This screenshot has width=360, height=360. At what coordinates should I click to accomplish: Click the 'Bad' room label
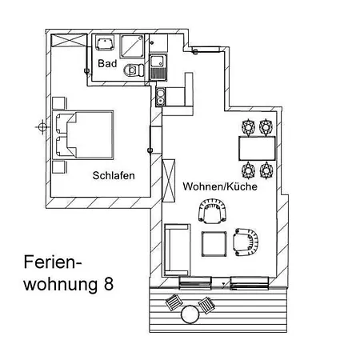coord(107,63)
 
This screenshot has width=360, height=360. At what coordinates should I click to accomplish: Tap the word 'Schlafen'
coord(114,175)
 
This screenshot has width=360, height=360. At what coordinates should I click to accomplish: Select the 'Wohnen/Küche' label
coord(220,186)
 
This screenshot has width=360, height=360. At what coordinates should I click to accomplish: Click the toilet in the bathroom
coord(134,70)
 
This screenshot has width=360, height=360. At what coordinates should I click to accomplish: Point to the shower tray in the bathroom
coord(132,46)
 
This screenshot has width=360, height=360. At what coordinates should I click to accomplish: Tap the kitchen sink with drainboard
coord(158,66)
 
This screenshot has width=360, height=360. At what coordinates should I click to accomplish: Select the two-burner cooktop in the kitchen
coord(161,97)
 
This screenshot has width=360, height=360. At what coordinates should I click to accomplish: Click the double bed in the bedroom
coord(83,135)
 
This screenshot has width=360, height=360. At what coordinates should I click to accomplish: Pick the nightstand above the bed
coord(59,103)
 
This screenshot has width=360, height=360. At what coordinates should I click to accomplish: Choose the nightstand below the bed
coord(59,167)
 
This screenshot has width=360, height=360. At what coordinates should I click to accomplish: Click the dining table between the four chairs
coord(257,148)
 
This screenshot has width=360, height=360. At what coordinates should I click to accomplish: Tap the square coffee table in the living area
coord(214,244)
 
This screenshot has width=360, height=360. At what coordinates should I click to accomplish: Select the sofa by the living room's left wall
coord(177,250)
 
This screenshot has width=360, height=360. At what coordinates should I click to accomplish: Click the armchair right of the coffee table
coord(246,242)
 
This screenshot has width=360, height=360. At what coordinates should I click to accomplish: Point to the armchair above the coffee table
coord(213,211)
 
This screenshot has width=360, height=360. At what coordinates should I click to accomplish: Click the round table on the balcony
coord(190,314)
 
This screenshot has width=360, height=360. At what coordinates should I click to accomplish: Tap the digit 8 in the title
coord(109,283)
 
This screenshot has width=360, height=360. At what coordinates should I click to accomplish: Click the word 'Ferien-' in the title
coord(53,262)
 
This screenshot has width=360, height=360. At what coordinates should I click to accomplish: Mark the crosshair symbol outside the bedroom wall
coord(42,127)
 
